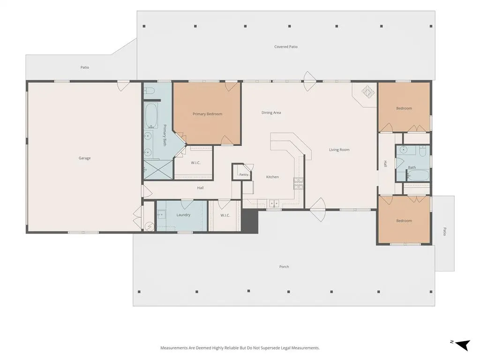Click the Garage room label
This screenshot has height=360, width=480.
tap(84, 158)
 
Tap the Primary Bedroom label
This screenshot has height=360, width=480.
tap(207, 114)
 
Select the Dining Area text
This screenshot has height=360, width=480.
tap(271, 112)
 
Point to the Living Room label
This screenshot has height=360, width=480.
tap(339, 150)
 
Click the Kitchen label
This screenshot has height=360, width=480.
tap(272, 177)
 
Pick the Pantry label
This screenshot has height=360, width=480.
tap(244, 174)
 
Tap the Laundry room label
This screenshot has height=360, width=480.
tap(183, 215)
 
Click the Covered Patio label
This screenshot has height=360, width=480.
tap(286, 47)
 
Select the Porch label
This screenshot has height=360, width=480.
tap(284, 267)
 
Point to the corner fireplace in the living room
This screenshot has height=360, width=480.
tap(368, 91)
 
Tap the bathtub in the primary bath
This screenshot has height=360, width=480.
tap(150, 116)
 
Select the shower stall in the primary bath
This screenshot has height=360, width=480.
tap(158, 169)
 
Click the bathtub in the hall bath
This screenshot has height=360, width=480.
tap(418, 175)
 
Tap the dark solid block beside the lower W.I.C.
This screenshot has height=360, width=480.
tap(249, 221)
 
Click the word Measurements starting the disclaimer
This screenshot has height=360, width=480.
tap(173, 348)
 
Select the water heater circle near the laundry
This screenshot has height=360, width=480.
tap(150, 226)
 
